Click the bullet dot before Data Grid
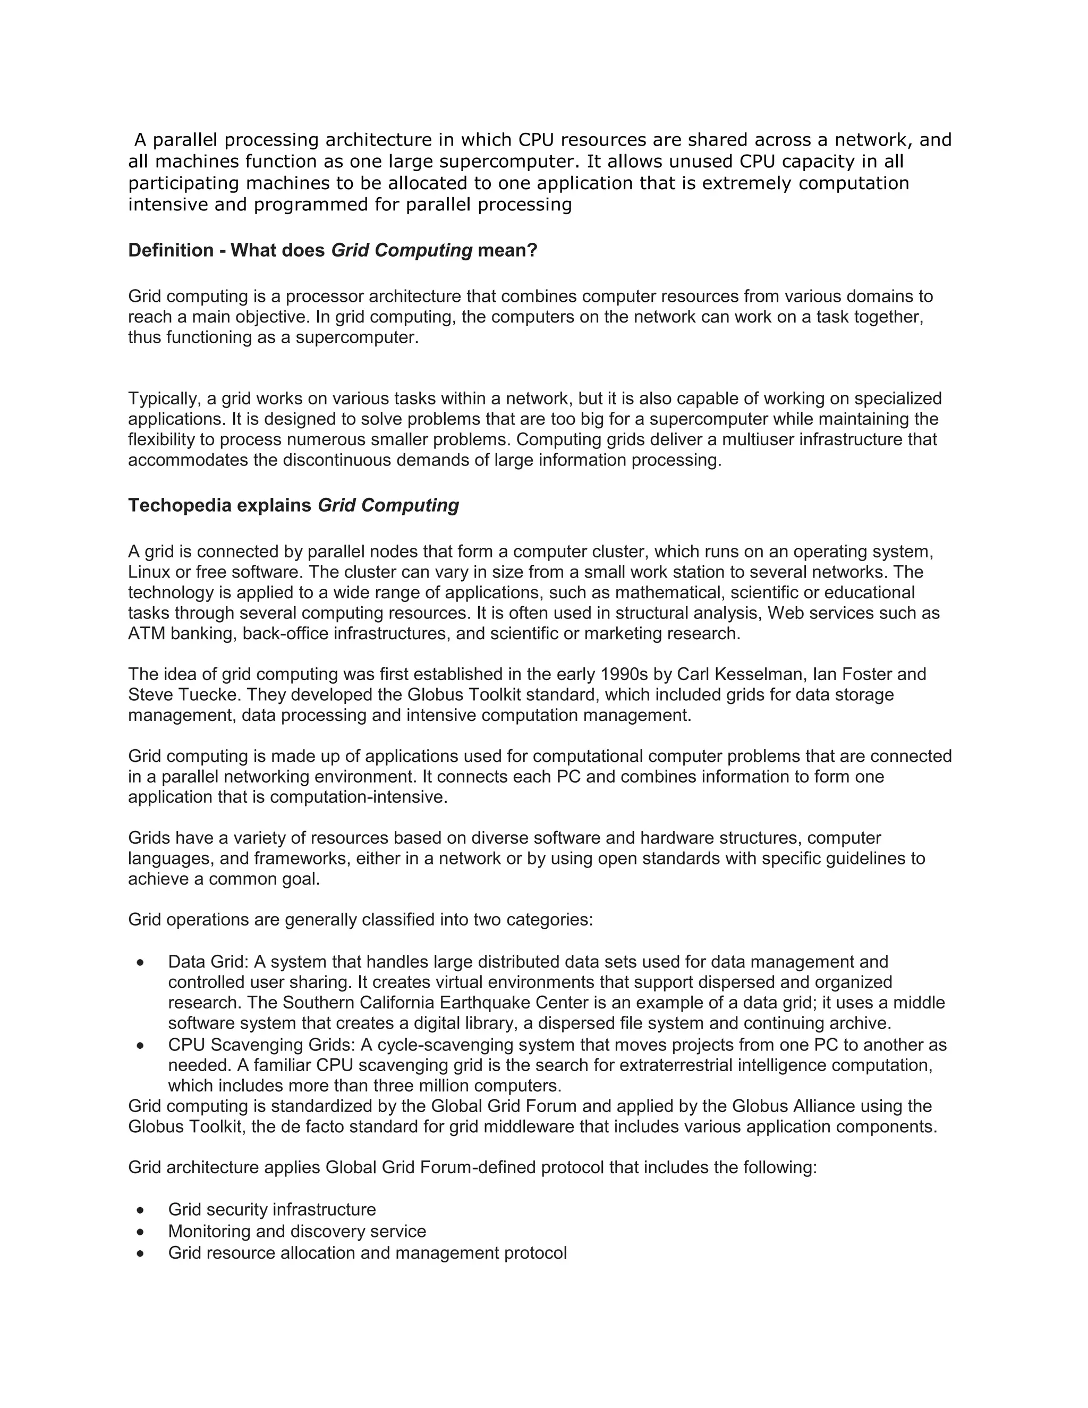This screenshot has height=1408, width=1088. click(x=140, y=963)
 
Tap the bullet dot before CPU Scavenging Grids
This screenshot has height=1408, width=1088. click(x=140, y=1046)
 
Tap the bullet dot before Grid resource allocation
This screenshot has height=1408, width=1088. click(x=140, y=1254)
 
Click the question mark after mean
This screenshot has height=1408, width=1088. click(x=532, y=250)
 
